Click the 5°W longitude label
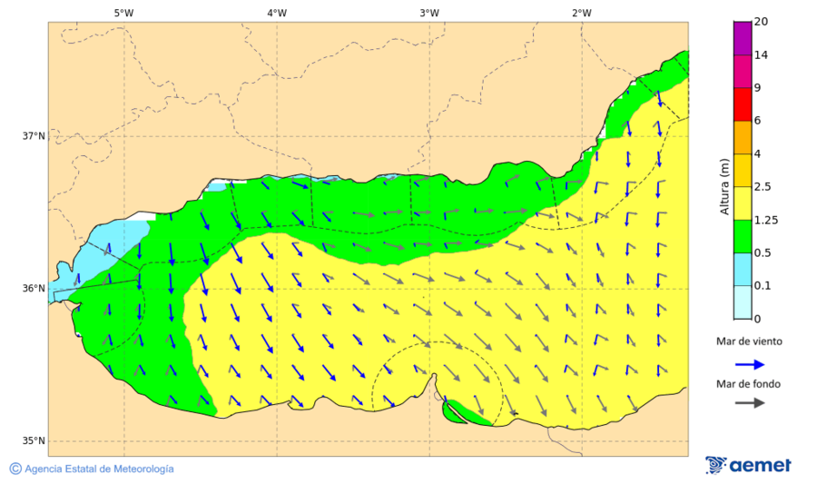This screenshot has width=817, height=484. [123, 13]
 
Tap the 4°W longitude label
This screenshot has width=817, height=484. [277, 13]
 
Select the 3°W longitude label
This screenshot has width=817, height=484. [429, 13]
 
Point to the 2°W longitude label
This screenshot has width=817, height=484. [582, 13]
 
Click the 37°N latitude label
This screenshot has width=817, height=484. [34, 136]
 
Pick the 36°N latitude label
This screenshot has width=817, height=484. [34, 289]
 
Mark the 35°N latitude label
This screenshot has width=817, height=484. [34, 441]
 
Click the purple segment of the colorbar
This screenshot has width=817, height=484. [743, 38]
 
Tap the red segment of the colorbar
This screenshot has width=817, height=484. [743, 104]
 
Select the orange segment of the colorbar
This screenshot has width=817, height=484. [743, 137]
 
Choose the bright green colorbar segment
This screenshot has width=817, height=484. [743, 236]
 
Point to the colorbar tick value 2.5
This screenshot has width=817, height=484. [763, 187]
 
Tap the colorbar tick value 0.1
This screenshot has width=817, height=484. [763, 286]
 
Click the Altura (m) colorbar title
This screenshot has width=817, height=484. [724, 187]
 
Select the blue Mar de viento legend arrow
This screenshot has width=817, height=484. [748, 363]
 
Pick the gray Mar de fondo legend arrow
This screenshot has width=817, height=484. [748, 403]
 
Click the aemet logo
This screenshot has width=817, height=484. [748, 465]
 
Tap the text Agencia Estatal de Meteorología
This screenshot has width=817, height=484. [99, 469]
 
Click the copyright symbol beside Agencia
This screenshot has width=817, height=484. [15, 469]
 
